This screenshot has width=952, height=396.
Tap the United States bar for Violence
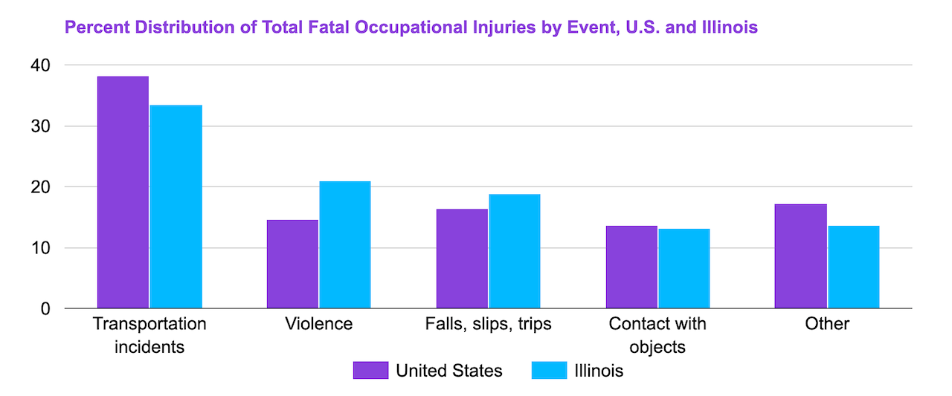click(292, 264)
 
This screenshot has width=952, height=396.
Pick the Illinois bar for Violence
click(345, 244)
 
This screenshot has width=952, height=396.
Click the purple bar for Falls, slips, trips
click(462, 259)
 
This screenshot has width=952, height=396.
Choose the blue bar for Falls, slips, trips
click(515, 251)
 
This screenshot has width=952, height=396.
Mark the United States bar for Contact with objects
click(631, 267)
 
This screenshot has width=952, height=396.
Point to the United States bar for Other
click(800, 256)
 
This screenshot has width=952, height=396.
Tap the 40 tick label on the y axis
click(41, 65)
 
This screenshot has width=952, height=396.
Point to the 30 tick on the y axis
click(41, 126)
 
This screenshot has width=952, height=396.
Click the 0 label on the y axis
click(45, 308)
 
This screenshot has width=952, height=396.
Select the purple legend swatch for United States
click(370, 370)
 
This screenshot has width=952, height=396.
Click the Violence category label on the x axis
click(318, 325)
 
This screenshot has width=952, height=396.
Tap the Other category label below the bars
click(826, 325)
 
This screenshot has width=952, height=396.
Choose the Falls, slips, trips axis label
click(488, 325)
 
